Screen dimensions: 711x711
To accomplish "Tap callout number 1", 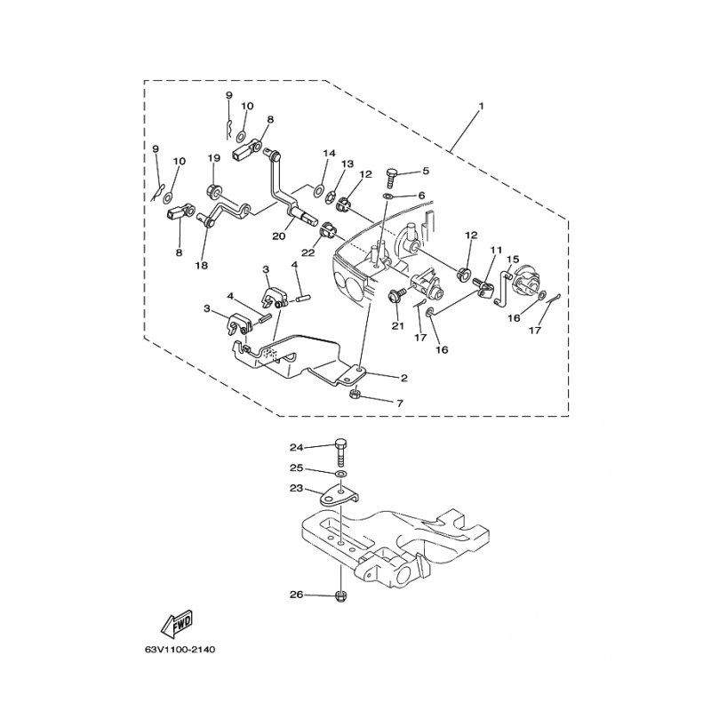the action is coord(481,106).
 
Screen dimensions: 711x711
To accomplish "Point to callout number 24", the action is coord(296,448).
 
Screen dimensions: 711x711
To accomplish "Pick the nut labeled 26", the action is coord(340,596).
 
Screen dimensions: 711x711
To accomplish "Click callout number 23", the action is coord(296,490).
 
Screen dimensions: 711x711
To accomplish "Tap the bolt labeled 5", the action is coord(391,179).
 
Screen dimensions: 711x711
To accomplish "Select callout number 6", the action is coord(421,196).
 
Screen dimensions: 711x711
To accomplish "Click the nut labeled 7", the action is coord(356,394).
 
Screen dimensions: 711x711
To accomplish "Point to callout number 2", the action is coord(404,378).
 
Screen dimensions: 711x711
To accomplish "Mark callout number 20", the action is coord(279,236).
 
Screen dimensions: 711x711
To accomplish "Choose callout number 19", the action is coord(214,158).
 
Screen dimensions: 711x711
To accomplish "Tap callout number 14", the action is coord(329,153).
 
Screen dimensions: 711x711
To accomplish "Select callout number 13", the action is coord(348,164).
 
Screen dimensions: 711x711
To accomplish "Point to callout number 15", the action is coord(513,260).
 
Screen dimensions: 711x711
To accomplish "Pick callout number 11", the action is coord(496,250).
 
